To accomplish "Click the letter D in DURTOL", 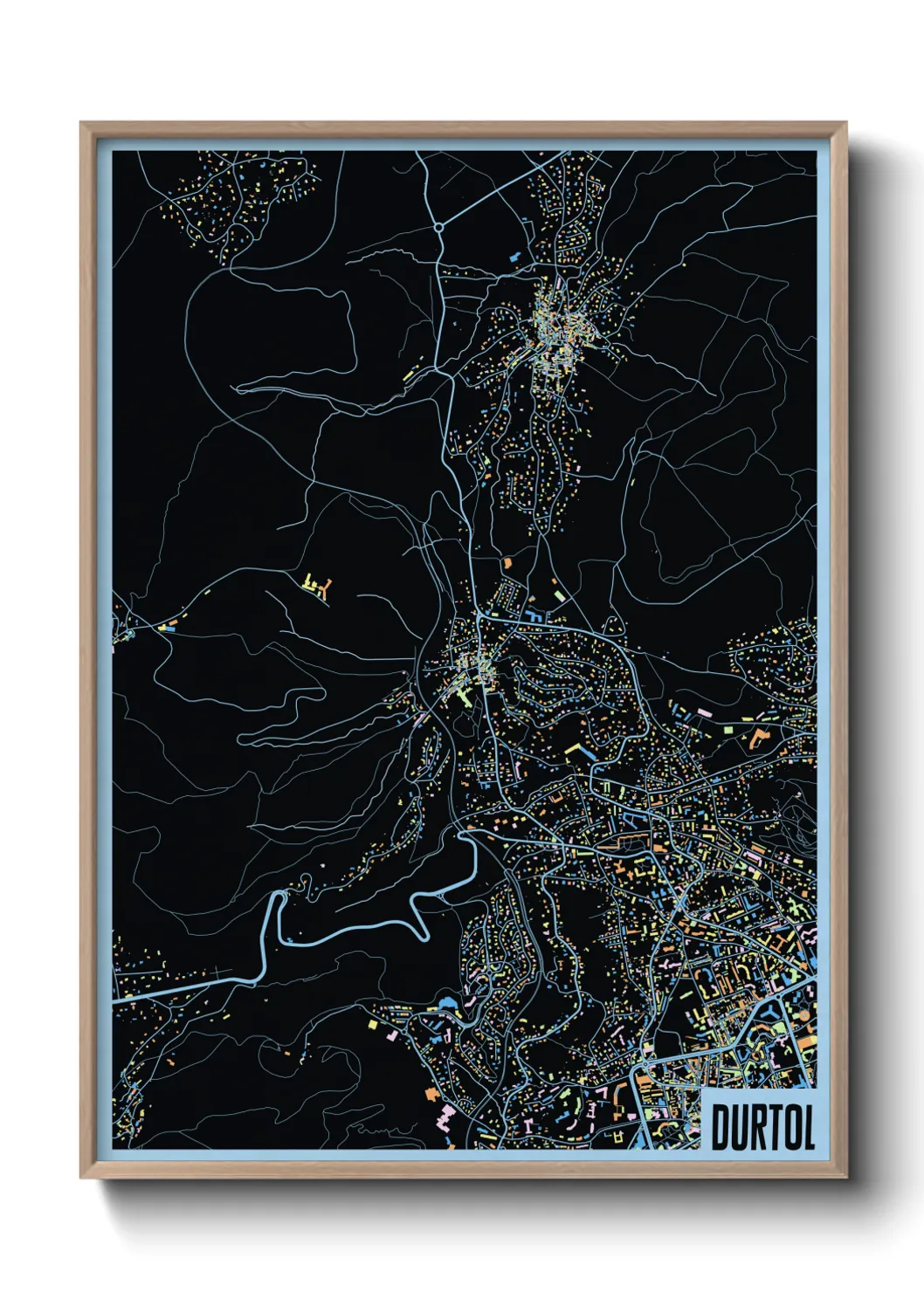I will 721,1128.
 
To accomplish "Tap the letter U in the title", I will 742,1128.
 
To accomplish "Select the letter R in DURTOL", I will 762,1128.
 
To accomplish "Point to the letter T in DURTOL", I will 780,1128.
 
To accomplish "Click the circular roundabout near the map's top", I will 438,227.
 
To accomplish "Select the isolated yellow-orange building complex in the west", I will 319,587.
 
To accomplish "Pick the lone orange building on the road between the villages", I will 506,563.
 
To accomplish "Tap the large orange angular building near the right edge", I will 756,739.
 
